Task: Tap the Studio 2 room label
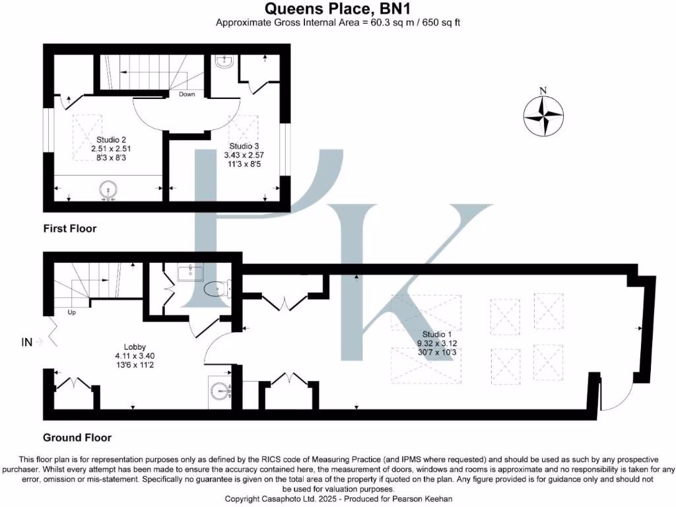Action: (112, 139)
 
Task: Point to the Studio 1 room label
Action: (437, 333)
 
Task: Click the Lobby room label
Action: (135, 347)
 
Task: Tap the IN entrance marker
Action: (27, 341)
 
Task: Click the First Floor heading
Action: (70, 229)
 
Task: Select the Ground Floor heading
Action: (77, 438)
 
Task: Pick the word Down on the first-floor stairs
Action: (187, 94)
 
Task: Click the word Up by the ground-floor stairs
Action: (71, 312)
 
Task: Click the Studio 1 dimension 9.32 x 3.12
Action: (437, 343)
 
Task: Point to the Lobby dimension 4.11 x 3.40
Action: (135, 356)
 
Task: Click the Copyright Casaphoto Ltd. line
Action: (337, 498)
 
